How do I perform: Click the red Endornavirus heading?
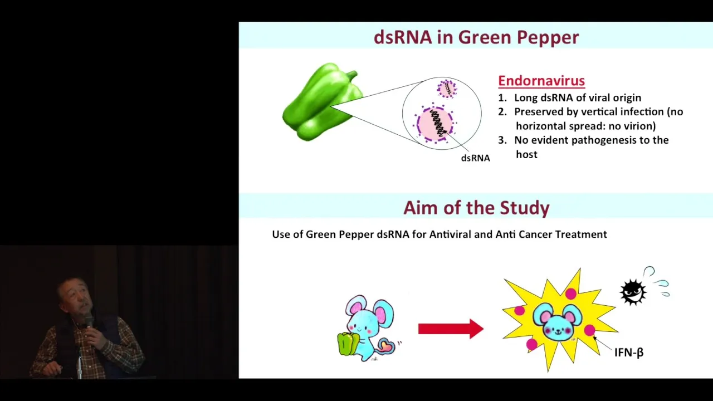[x=541, y=81]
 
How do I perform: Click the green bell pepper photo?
[x=323, y=102]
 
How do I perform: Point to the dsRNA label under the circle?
[x=475, y=158]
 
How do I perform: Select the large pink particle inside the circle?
[x=435, y=124]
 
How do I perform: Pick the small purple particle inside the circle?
[x=447, y=89]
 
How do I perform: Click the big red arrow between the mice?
[x=451, y=329]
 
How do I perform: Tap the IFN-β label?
[x=629, y=353]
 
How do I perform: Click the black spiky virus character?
[x=633, y=292]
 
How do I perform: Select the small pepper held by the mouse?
[x=348, y=344]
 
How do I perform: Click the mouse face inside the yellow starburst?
[x=558, y=322]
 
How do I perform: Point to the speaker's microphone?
[x=89, y=321]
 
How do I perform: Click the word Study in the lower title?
[x=525, y=208]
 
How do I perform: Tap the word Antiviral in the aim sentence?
[x=450, y=234]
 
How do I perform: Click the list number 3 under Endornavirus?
[x=502, y=140]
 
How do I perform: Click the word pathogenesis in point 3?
[x=599, y=140]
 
